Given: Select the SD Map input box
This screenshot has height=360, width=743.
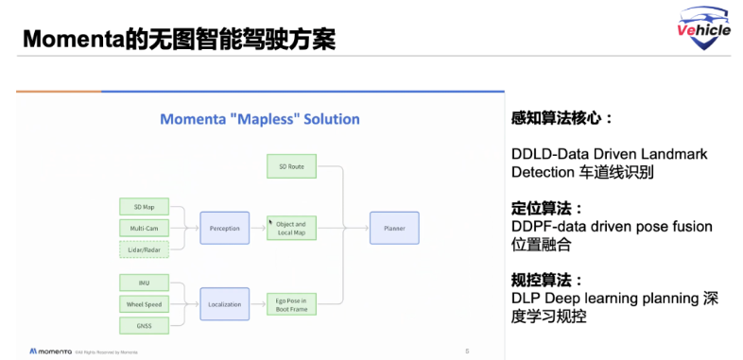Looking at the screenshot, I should point(144,206).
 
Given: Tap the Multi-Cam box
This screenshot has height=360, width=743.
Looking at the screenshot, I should point(144,228).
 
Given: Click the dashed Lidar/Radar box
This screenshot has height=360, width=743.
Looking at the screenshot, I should point(144,249).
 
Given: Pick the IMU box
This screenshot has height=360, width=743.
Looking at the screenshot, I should point(144,282).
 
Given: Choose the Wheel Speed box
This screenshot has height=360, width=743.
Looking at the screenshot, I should point(144,303).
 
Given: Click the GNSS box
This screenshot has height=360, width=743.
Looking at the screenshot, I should point(144,326).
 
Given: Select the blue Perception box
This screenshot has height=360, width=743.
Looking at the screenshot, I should point(224,228).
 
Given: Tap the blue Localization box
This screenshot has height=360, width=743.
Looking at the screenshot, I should point(224,303).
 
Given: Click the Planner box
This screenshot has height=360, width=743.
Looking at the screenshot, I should point(394,228).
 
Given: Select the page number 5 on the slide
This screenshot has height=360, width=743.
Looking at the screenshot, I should point(467,351).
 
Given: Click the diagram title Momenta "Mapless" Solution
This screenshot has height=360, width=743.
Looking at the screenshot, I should point(259,119).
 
